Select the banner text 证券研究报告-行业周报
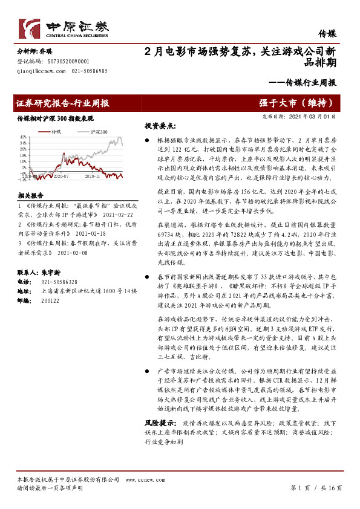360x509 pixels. (63, 103)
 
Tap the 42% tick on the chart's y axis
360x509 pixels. (22, 137)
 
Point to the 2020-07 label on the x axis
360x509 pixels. (62, 177)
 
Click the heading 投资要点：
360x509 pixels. (160, 126)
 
